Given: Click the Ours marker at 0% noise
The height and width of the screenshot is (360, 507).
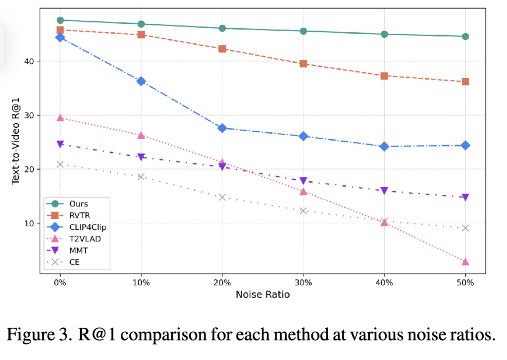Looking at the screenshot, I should tap(60, 20).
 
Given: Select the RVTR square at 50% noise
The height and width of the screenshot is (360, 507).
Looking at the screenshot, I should tap(465, 82).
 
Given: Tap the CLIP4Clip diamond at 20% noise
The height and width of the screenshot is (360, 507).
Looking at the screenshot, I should tap(222, 128).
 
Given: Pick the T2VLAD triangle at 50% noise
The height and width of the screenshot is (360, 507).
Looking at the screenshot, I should tap(465, 261).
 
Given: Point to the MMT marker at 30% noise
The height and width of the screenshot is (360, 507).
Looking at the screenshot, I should tap(304, 181).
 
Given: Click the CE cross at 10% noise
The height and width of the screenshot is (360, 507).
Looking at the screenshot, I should tap(141, 177).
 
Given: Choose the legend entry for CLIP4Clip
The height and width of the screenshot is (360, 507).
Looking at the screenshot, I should tap(84, 227).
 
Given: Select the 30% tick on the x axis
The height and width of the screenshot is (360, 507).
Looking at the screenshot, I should tap(303, 283).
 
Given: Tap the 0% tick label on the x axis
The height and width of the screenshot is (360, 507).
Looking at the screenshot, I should tap(60, 283).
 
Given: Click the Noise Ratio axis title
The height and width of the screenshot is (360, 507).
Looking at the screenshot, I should tap(262, 294).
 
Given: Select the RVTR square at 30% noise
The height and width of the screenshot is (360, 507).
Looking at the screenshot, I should tap(304, 64).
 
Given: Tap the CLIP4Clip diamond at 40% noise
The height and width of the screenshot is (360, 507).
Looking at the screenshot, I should tap(384, 147).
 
